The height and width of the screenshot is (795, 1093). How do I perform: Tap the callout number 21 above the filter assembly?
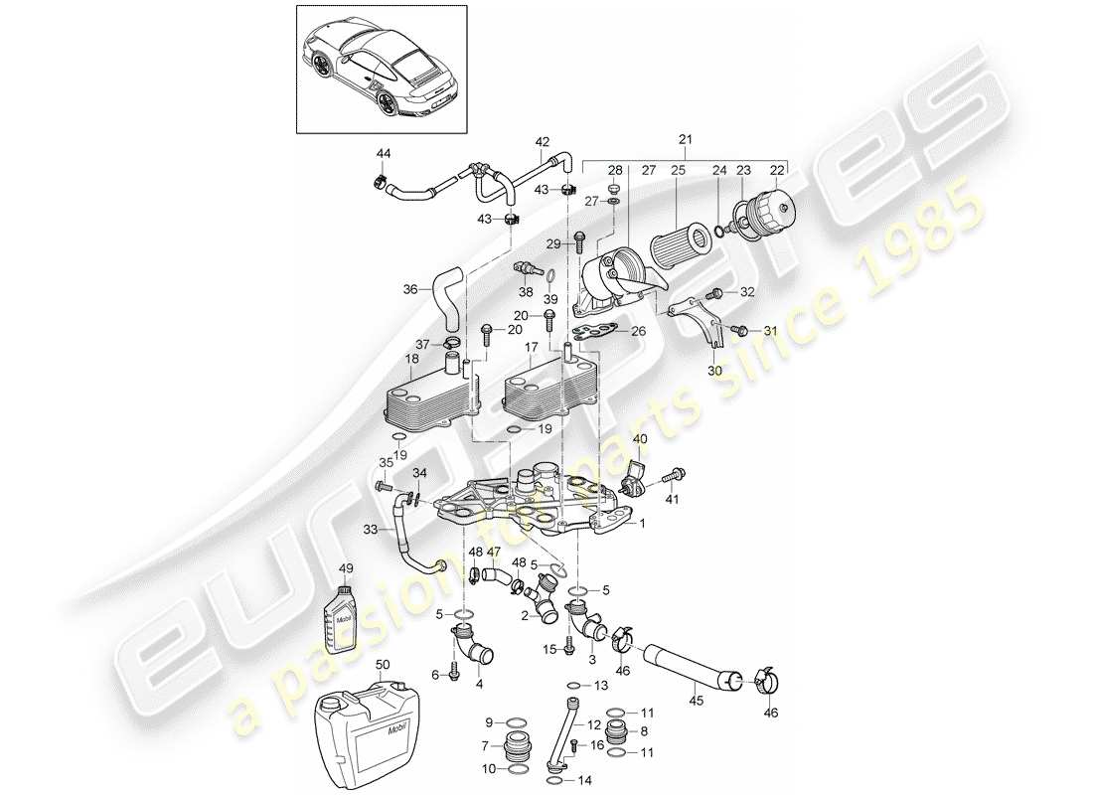point(684,140)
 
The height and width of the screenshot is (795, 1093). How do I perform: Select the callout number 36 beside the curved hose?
point(411,290)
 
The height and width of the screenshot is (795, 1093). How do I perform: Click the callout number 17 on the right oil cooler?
point(531,348)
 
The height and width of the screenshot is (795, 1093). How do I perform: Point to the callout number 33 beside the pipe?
point(370,531)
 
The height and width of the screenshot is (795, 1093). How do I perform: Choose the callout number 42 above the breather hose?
point(543,141)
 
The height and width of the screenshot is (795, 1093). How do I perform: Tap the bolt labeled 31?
point(737,329)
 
